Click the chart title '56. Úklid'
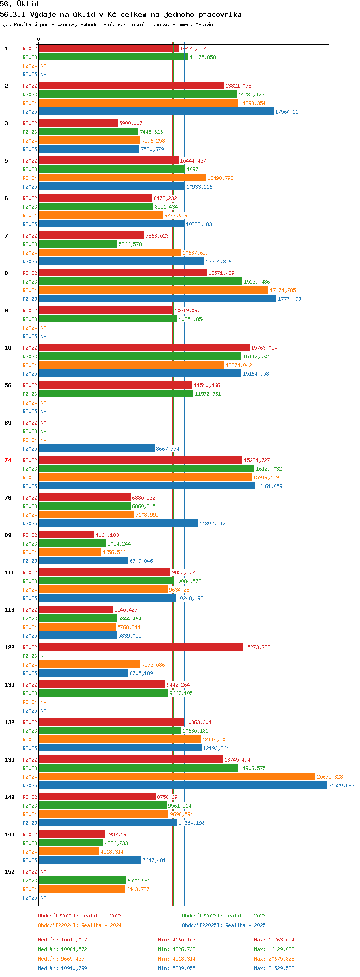[19, 4]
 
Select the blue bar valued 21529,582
[182, 786]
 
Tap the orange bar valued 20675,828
[177, 777]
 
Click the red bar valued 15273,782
[141, 647]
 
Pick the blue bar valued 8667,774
[96, 449]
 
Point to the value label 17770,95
[289, 299]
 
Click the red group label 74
[8, 460]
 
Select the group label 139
[10, 760]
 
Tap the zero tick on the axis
[39, 39]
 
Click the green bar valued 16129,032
[146, 469]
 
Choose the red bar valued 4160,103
[66, 535]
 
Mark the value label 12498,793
[220, 178]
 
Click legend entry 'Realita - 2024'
[80, 925]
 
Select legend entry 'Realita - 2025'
[224, 925]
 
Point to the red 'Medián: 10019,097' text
[62, 940]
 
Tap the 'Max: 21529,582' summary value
[274, 968]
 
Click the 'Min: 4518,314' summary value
[177, 959]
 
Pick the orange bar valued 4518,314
[69, 852]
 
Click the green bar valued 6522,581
[82, 881]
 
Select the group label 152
[10, 872]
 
